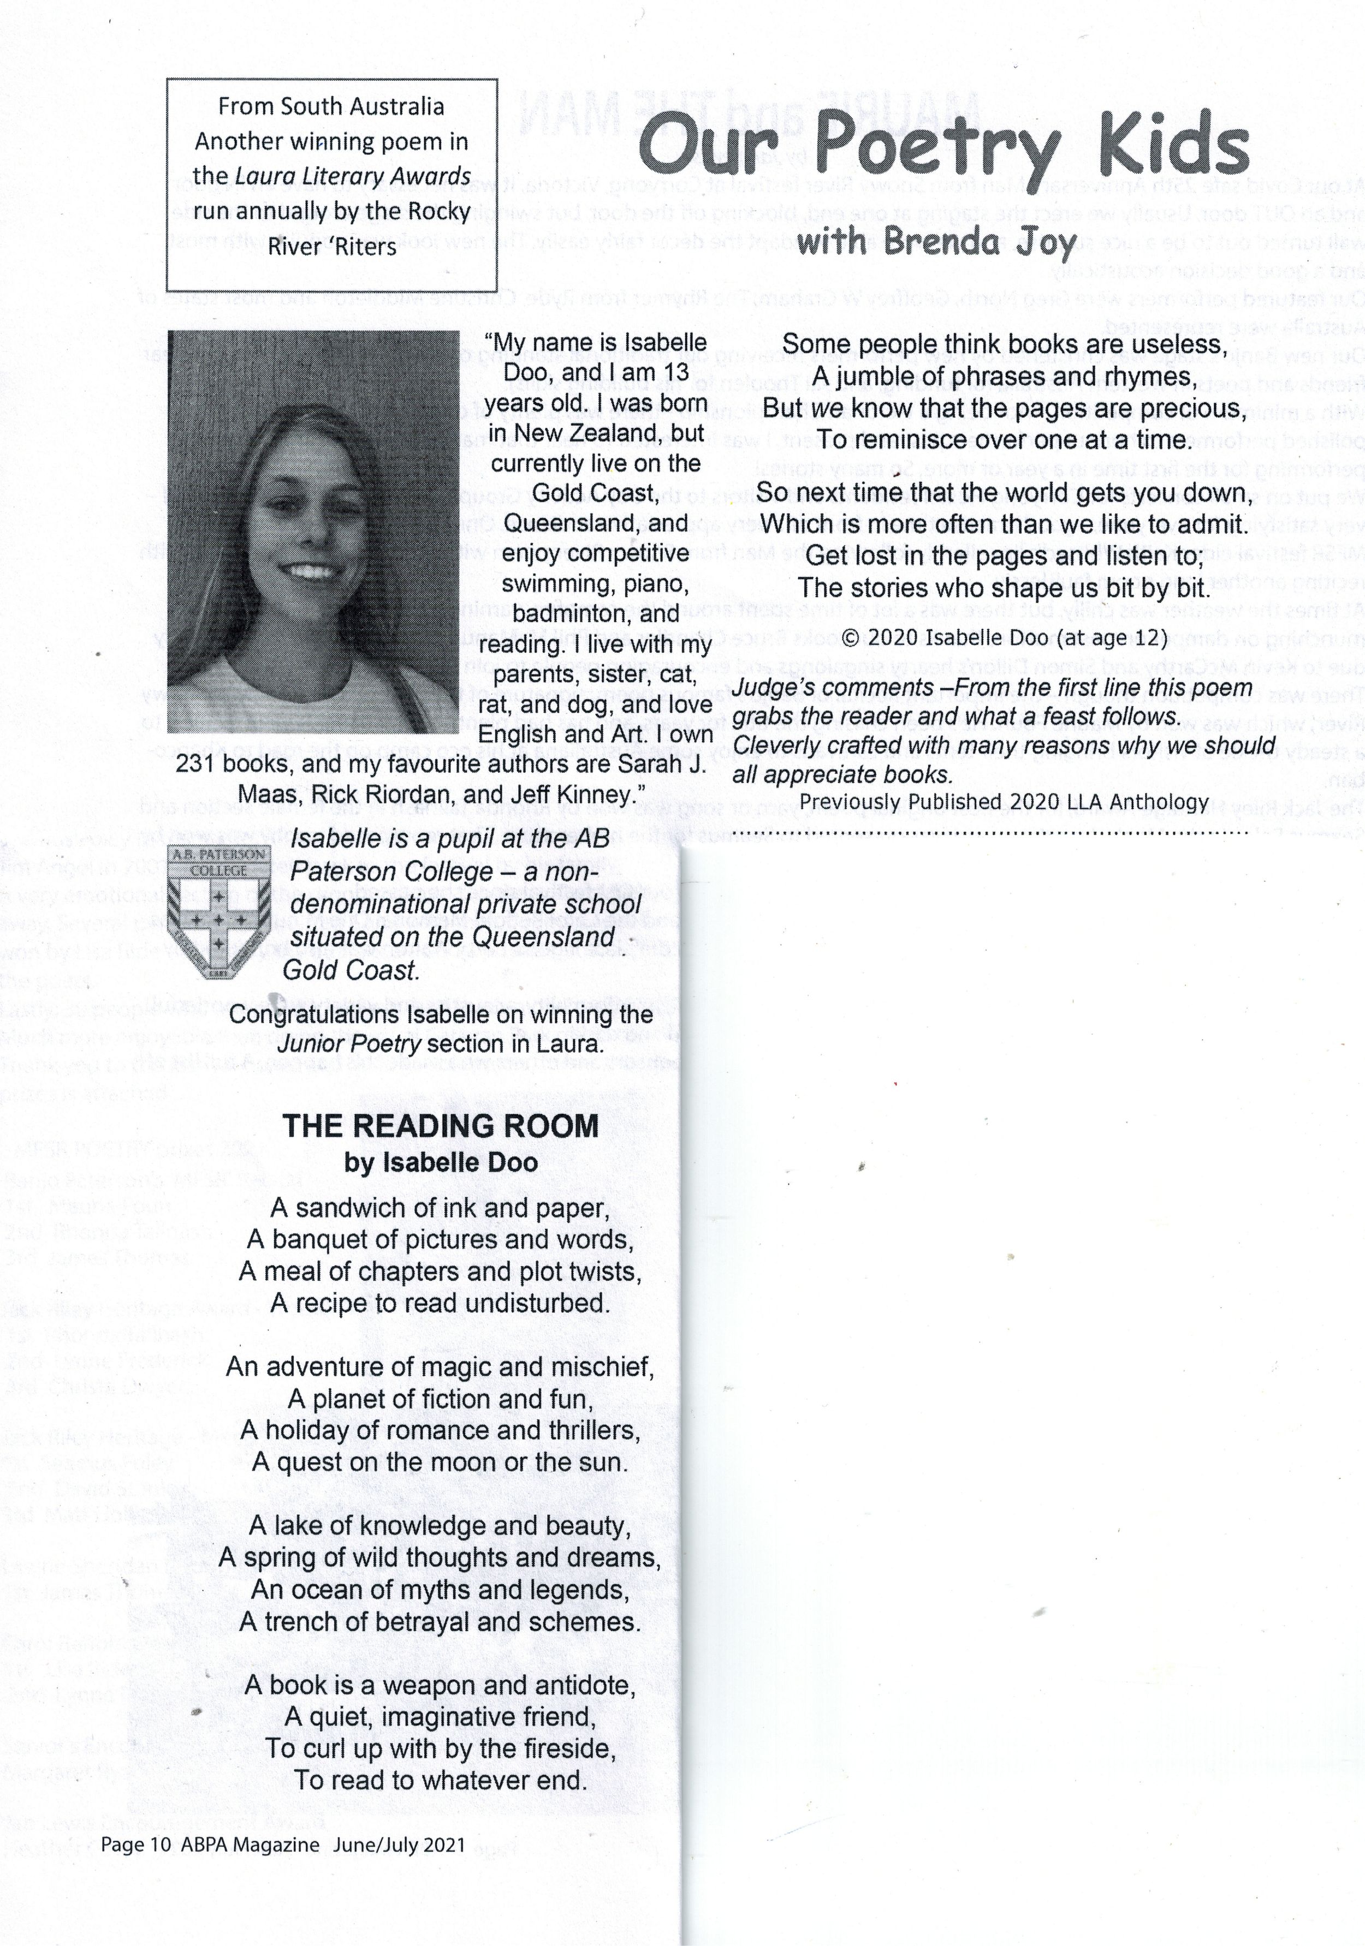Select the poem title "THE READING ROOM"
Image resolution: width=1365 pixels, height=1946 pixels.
tap(440, 1126)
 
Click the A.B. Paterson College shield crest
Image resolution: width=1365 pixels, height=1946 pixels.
tap(219, 912)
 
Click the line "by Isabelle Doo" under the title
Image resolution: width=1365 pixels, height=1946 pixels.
tap(440, 1163)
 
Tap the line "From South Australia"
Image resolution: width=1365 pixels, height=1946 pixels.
tap(331, 107)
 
